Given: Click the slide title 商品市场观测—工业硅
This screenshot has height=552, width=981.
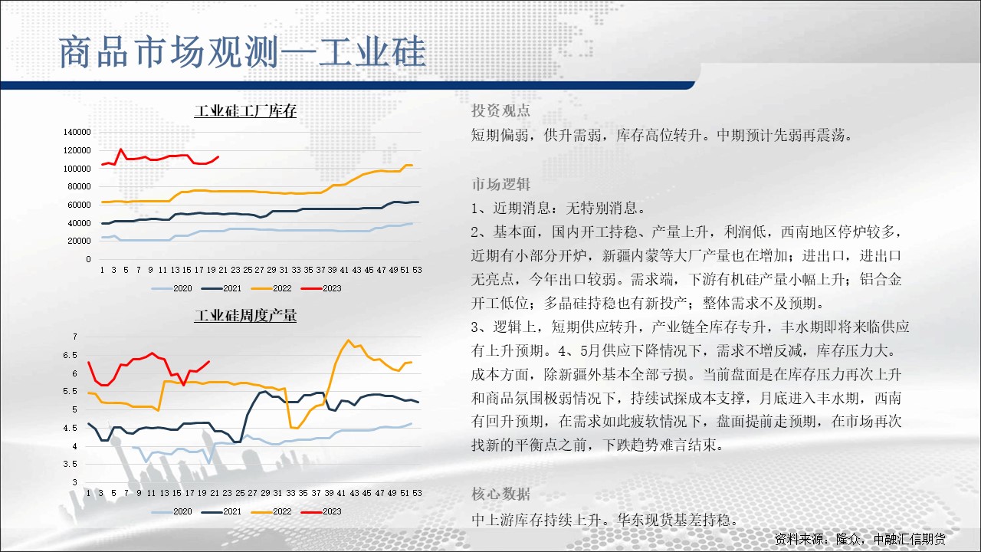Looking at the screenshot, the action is click(243, 52).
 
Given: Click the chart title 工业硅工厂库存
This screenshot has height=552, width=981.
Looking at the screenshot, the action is click(245, 111).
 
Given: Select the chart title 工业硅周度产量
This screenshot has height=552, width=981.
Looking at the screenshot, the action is click(245, 315).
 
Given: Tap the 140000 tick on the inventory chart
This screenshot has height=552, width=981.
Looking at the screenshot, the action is click(77, 132).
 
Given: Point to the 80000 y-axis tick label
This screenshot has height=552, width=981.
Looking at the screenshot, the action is click(79, 186).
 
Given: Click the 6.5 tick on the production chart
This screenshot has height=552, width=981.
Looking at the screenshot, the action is click(70, 355).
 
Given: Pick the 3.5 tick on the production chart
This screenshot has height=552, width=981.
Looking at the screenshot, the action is click(70, 464).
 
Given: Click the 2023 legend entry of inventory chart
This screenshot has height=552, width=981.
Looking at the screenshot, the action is click(321, 288).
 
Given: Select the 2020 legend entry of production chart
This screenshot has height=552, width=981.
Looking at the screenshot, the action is click(172, 511).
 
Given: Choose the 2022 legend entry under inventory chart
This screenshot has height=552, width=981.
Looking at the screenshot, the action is click(271, 288).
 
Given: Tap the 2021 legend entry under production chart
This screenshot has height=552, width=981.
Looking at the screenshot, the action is click(221, 511).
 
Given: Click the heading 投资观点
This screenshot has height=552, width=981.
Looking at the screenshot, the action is click(500, 110).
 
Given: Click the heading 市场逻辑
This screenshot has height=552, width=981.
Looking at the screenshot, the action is click(500, 184).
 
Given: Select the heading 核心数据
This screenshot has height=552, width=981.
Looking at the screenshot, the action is click(500, 494).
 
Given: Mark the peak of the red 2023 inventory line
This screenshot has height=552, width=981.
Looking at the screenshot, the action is click(121, 149).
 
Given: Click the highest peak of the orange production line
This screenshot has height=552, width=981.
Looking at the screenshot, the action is click(349, 340).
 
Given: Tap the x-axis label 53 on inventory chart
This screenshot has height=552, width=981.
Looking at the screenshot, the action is click(417, 270).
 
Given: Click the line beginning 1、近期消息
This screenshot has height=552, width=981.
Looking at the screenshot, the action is click(559, 208).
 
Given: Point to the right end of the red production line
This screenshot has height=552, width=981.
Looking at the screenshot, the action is click(209, 361).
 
